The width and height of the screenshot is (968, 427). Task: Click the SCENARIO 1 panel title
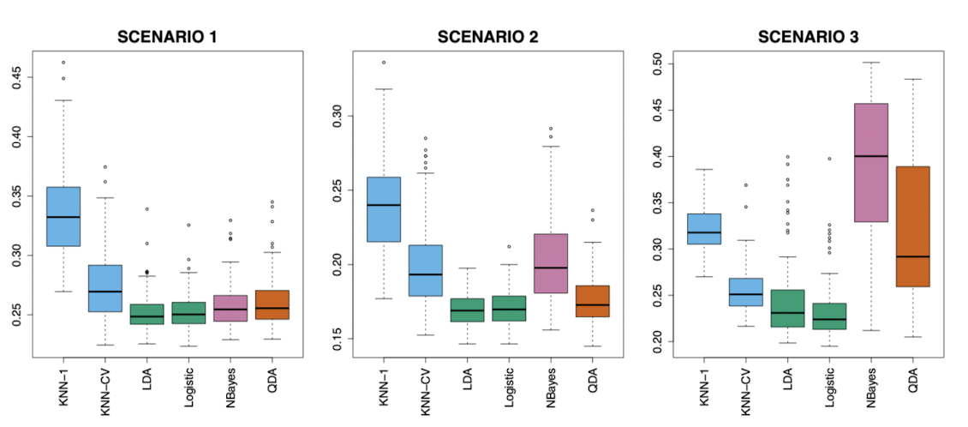pos(167,37)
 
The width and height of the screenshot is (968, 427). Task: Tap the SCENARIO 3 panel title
pos(808,37)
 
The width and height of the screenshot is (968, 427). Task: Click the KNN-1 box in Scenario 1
pos(63,216)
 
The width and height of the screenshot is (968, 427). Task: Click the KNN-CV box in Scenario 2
pos(425,270)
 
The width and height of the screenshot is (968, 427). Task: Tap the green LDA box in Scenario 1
pos(147,314)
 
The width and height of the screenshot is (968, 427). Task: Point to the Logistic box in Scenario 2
pos(509,308)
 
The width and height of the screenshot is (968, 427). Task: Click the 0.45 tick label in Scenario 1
pos(19,78)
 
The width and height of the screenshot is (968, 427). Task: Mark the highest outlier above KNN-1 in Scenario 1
pos(63,63)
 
